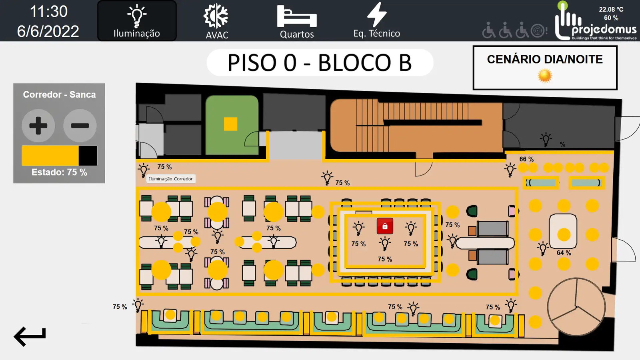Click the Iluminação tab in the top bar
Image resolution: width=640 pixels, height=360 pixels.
[x=137, y=21]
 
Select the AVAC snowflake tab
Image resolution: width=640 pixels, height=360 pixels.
[x=217, y=21]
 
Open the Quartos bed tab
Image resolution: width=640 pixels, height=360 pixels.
[x=297, y=21]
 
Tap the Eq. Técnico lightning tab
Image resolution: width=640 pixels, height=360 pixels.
[x=377, y=21]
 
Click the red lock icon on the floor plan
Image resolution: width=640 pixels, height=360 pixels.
[x=385, y=226]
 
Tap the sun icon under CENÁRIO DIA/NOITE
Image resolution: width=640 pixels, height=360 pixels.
[x=545, y=75]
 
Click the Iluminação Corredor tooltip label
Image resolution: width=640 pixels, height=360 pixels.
[x=171, y=179]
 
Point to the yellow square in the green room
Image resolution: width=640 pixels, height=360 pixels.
[x=230, y=124]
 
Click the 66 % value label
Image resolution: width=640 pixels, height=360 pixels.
[x=526, y=159]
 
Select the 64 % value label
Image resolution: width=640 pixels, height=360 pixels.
[x=564, y=253]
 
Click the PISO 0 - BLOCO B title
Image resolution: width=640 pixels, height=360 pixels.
[x=320, y=63]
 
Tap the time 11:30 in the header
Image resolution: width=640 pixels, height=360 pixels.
[x=49, y=12]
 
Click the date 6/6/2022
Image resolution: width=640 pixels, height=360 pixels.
[x=48, y=31]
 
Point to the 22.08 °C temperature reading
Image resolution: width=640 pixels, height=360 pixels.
[x=611, y=9]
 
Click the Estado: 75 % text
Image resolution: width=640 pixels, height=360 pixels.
[x=59, y=172]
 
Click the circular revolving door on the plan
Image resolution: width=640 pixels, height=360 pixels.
[x=576, y=307]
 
